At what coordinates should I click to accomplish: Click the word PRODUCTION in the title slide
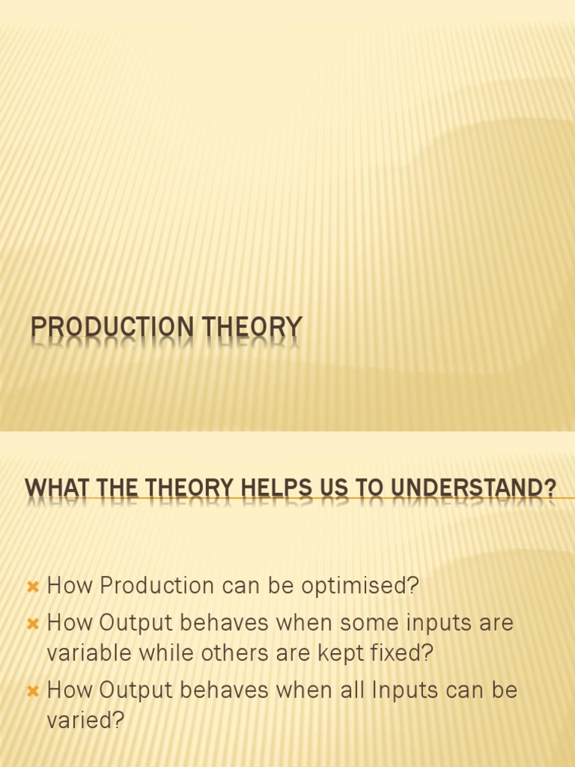(102, 328)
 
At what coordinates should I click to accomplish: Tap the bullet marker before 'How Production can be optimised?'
(32, 587)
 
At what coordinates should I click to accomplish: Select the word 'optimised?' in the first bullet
(360, 586)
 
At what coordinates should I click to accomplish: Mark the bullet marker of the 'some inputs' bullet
(32, 624)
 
